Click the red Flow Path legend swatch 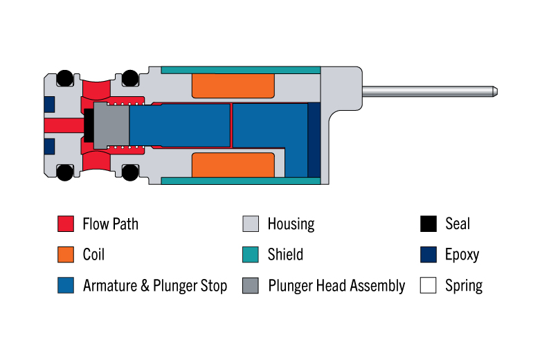tap(66, 224)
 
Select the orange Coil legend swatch tap(66, 255)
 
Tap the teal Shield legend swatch tap(251, 255)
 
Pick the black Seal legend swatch tap(429, 224)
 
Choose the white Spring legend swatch tap(429, 285)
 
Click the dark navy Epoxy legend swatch tap(429, 255)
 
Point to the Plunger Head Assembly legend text tap(336, 286)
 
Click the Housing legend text tap(291, 224)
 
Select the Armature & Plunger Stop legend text tap(155, 286)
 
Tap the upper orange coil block tap(233, 86)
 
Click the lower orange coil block tap(233, 165)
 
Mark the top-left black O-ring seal tap(64, 78)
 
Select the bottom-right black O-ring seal tap(130, 172)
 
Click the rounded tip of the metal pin tap(495, 91)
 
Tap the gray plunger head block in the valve tap(111, 125)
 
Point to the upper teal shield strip tap(241, 70)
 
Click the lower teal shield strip tap(241, 181)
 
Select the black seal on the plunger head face tap(89, 125)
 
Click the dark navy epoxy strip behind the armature tap(314, 140)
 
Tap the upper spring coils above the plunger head tap(125, 104)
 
